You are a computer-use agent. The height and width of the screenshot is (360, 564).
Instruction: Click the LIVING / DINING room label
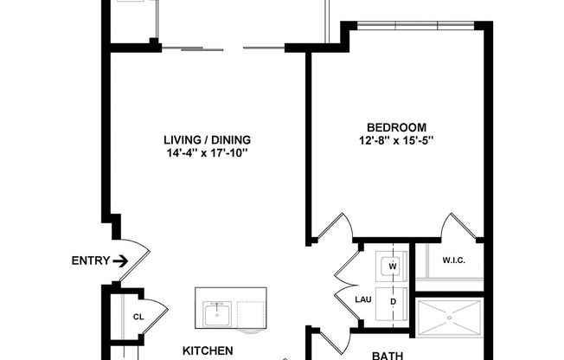click(207, 140)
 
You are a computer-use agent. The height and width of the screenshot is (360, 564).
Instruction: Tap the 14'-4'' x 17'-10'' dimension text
click(207, 154)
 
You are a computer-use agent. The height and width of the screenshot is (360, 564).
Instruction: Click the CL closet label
click(138, 316)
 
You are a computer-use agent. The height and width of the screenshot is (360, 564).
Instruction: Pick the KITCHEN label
click(208, 350)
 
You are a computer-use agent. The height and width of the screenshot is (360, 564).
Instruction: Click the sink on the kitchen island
click(215, 313)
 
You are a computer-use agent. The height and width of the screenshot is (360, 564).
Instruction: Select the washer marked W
click(392, 266)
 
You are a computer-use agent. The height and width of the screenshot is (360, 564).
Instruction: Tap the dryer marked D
click(392, 301)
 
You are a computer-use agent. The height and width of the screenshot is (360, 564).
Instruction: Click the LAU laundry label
click(363, 300)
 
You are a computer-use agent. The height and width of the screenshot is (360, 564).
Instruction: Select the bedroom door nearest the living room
click(333, 229)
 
